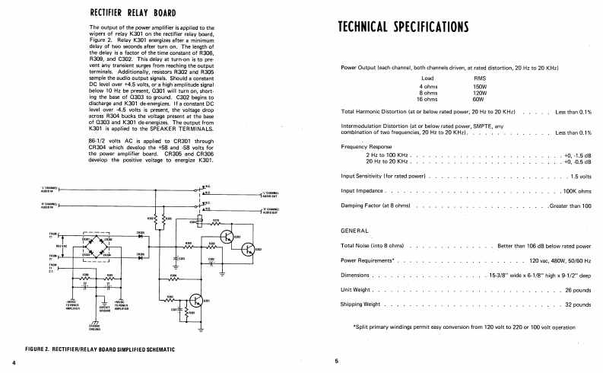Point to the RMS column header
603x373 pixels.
click(x=481, y=78)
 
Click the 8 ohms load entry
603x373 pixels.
click(x=427, y=93)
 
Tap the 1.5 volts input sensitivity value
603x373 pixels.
click(x=580, y=176)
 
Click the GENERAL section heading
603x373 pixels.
click(x=355, y=230)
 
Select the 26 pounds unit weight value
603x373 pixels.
click(x=578, y=290)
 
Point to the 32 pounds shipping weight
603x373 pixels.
click(x=578, y=304)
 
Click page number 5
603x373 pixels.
click(x=335, y=361)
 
